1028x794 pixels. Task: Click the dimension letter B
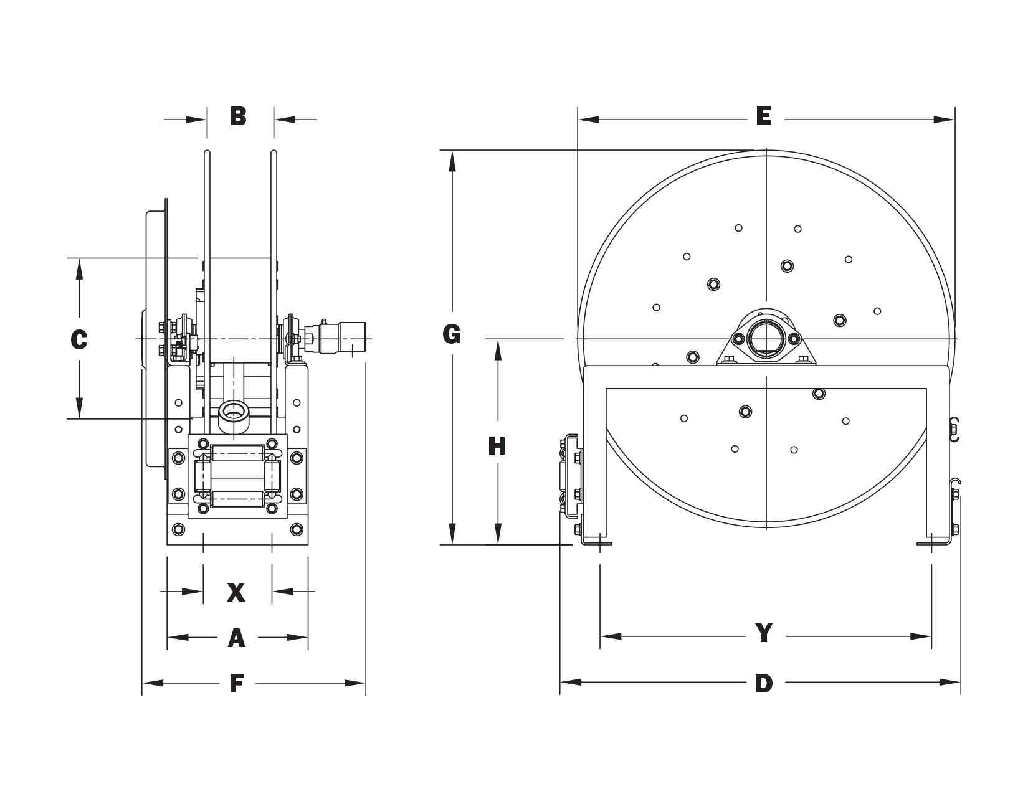238,116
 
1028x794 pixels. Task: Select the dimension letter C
79,339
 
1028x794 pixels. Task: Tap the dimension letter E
764,116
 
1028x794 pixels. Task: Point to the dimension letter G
452,335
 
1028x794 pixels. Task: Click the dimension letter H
497,447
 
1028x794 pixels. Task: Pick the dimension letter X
236,593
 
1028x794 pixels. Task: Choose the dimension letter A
237,638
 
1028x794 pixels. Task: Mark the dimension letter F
237,683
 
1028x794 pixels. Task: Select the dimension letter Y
764,633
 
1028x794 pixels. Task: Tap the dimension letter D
764,683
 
